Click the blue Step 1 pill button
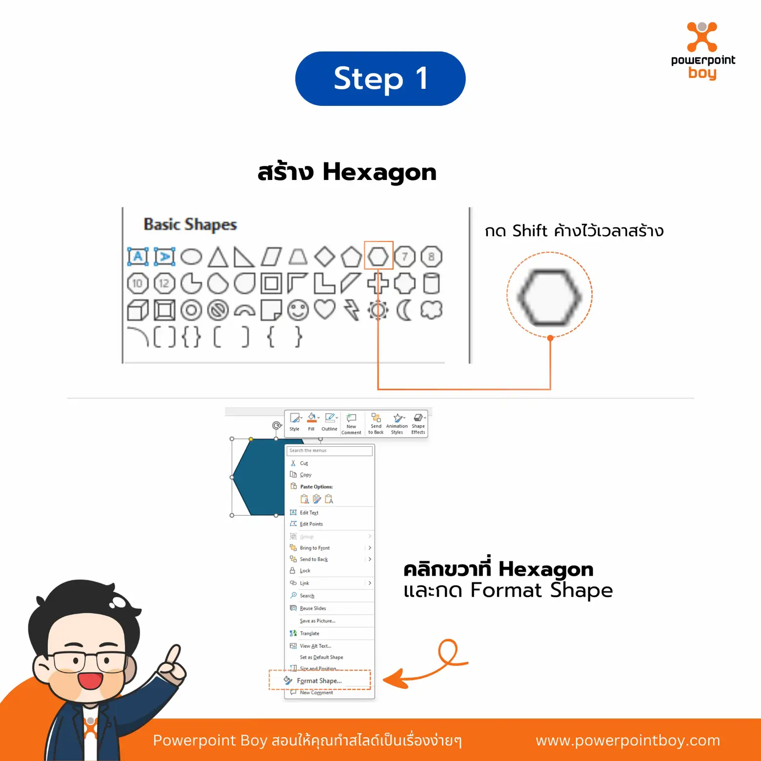pyautogui.click(x=380, y=79)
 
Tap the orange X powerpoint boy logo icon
pyautogui.click(x=702, y=37)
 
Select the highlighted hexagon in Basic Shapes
pyautogui.click(x=378, y=256)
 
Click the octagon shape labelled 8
pyautogui.click(x=431, y=257)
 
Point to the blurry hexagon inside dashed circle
pyautogui.click(x=549, y=297)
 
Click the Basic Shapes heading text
pyautogui.click(x=190, y=224)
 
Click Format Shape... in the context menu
pyautogui.click(x=319, y=681)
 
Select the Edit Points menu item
pyautogui.click(x=311, y=524)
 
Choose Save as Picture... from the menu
pyautogui.click(x=317, y=621)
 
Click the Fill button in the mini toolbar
pyautogui.click(x=311, y=422)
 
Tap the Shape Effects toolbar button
pyautogui.click(x=418, y=423)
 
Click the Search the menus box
pyautogui.click(x=329, y=451)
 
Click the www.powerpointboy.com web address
pyautogui.click(x=627, y=740)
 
